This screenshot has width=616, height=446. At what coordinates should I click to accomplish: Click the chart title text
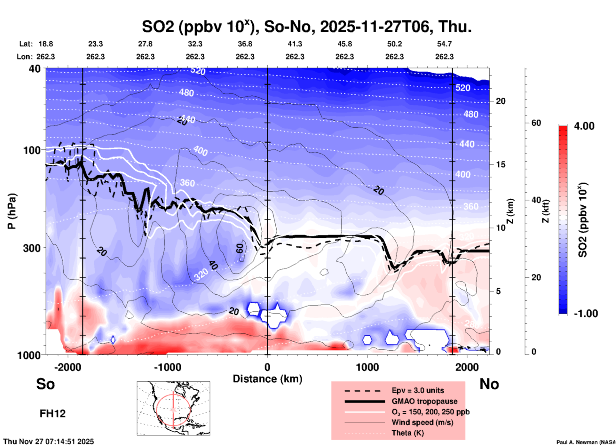tap(306, 27)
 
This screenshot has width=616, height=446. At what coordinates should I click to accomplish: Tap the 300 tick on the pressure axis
tap(32, 248)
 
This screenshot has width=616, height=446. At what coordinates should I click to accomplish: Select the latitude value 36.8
tap(245, 44)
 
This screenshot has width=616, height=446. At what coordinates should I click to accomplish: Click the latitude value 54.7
tap(444, 44)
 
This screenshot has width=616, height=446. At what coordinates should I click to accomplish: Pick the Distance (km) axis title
tap(267, 379)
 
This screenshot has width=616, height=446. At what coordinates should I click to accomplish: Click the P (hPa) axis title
tap(12, 211)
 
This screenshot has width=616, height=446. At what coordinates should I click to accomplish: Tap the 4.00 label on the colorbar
tap(584, 126)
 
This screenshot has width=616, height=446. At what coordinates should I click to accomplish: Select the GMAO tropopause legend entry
tap(424, 401)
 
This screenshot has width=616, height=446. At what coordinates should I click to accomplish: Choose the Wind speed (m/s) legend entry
tap(422, 422)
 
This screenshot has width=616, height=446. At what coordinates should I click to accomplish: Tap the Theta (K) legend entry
tap(408, 433)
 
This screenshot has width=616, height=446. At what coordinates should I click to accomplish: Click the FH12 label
tap(52, 413)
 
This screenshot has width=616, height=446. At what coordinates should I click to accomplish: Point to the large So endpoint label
tap(45, 384)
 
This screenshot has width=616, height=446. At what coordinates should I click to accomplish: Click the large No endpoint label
tap(489, 384)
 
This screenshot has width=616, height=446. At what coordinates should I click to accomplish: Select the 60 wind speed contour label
tap(240, 248)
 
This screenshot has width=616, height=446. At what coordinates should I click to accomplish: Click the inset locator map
tap(173, 408)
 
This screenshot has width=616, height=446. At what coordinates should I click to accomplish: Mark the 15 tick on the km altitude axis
tap(501, 164)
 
